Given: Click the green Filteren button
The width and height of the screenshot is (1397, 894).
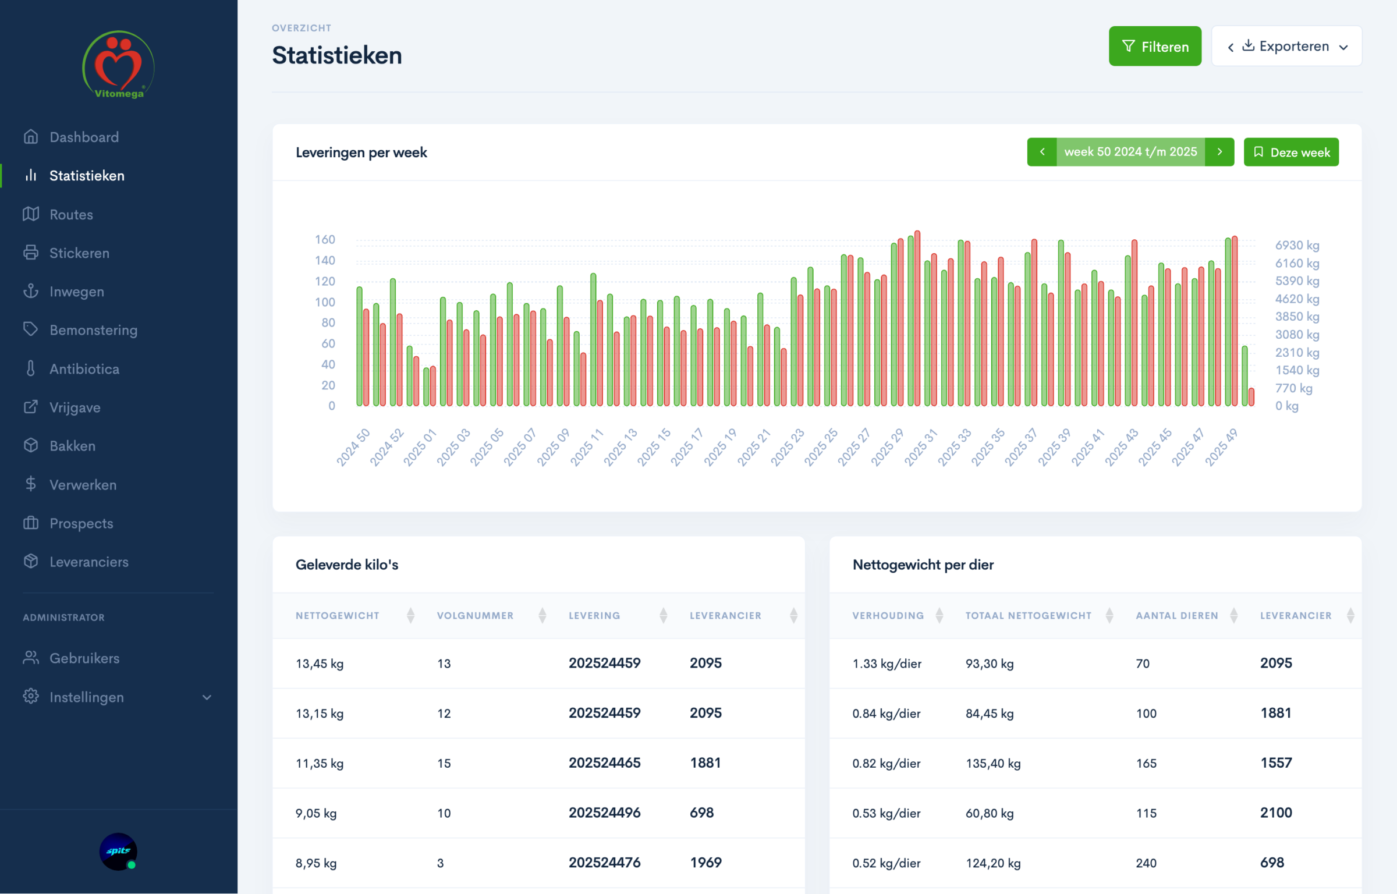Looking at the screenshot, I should [1154, 47].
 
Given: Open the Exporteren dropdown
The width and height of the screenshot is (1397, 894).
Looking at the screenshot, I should [1286, 47].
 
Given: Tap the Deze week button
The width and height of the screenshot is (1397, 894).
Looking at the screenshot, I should [1290, 152].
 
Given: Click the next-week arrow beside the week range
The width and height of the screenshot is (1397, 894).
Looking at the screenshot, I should [1219, 152].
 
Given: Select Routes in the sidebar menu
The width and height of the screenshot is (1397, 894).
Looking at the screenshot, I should [71, 215].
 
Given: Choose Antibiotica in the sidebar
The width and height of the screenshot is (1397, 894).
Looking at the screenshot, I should [84, 369].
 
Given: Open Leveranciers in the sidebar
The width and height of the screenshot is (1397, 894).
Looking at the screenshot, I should [88, 562].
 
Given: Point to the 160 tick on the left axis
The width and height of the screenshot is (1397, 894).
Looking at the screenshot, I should [325, 239].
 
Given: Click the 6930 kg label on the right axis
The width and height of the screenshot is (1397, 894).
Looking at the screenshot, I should [1296, 246].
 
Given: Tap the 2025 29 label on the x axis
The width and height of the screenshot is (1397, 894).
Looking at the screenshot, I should [888, 447].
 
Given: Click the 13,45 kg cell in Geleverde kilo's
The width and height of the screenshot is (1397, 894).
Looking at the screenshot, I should [320, 664].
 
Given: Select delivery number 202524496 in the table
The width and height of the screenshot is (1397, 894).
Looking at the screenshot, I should [604, 813].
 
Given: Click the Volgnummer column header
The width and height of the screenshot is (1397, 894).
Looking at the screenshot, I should [475, 616].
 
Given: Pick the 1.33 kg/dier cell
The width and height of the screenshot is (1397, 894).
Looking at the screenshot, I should [887, 664].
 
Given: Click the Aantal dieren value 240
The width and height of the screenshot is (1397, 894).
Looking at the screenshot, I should [1146, 863].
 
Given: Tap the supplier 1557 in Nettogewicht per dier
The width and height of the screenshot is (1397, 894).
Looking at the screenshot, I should [1275, 763].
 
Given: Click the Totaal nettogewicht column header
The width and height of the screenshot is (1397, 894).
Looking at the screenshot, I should [1028, 616].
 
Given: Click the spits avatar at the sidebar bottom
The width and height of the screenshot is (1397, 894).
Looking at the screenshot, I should [118, 852].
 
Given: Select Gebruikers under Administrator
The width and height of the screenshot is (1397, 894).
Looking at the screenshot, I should [84, 658].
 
